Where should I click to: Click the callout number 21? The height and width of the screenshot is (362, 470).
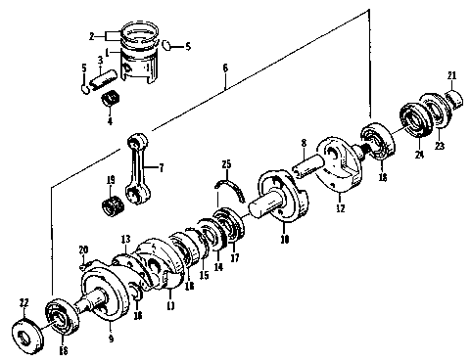(452, 75)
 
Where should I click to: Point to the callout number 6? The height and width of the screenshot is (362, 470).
(225, 68)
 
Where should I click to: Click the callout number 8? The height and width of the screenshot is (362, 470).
(305, 143)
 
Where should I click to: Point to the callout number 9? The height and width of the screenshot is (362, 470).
(111, 339)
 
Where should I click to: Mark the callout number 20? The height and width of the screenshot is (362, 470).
(82, 250)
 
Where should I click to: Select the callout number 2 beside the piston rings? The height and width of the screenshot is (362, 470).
(90, 36)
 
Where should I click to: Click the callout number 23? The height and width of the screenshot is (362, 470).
(439, 146)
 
